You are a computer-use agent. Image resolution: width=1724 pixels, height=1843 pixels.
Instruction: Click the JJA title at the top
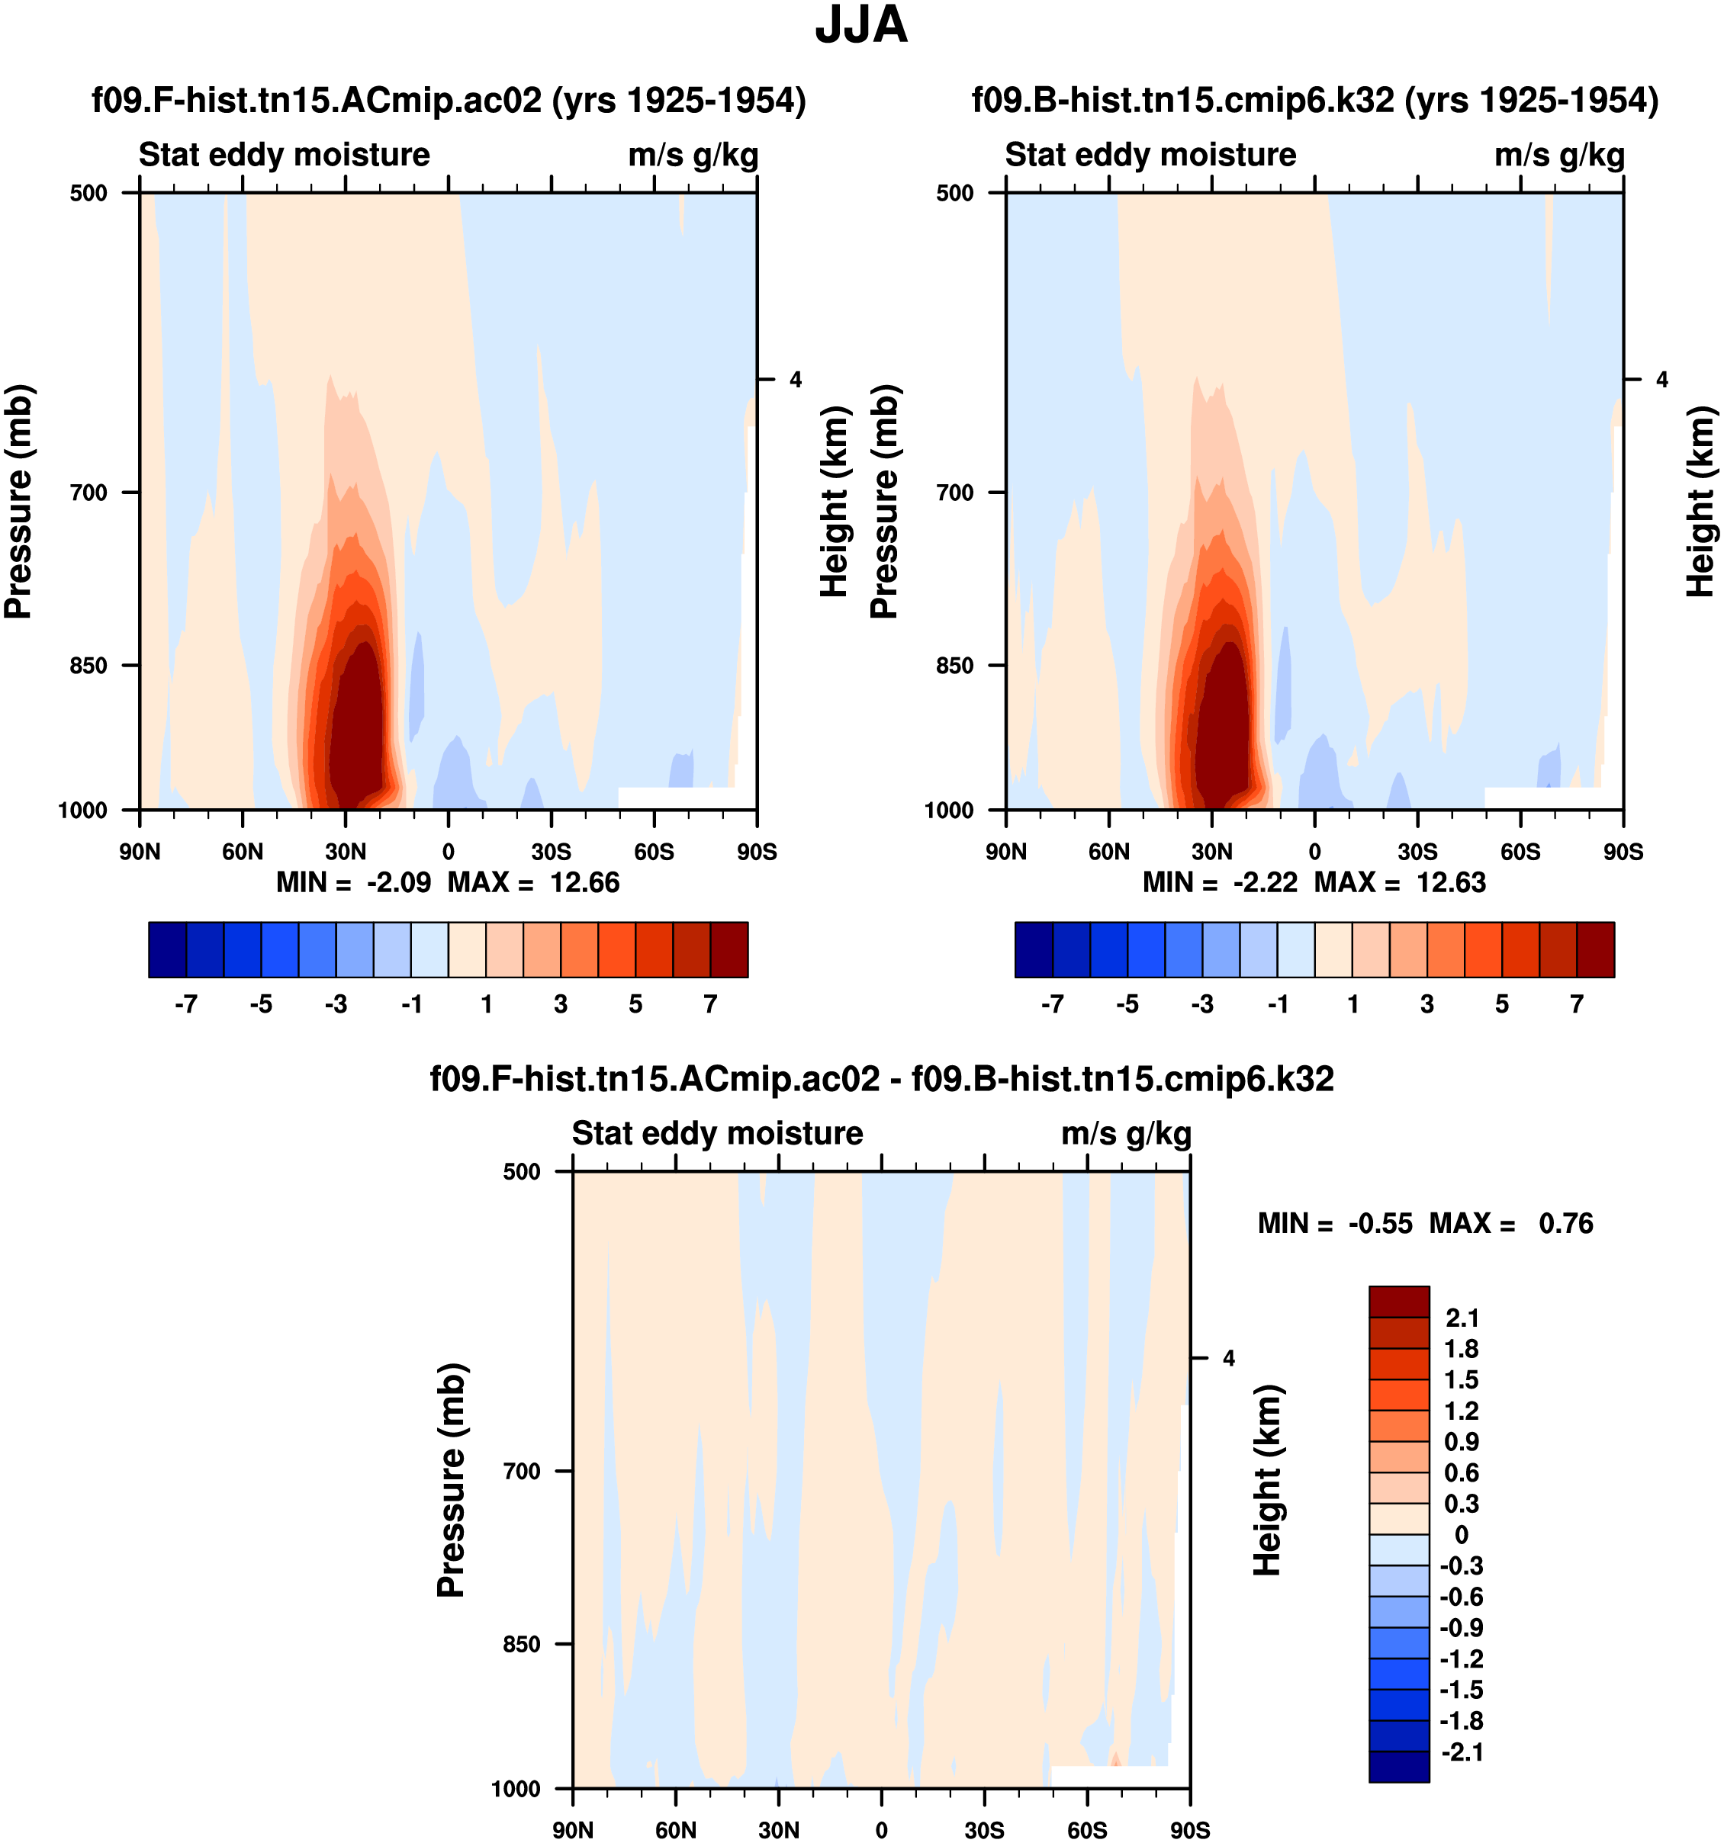click(x=860, y=26)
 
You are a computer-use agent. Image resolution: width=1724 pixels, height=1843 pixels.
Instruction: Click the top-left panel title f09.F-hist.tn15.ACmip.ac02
click(x=449, y=100)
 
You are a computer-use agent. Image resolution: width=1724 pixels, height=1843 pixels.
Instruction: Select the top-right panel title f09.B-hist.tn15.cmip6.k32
click(x=1314, y=100)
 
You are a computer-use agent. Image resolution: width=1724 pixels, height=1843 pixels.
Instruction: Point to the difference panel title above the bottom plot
click(x=881, y=1078)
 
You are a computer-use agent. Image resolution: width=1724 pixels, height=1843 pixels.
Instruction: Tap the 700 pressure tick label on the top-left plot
click(x=89, y=493)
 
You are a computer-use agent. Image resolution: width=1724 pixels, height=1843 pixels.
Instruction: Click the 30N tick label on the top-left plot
click(x=345, y=852)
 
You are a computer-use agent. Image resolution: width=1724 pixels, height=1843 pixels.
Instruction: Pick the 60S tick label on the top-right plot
click(x=1520, y=852)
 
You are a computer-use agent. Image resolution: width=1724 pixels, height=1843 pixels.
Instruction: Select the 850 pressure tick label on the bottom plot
click(x=522, y=1644)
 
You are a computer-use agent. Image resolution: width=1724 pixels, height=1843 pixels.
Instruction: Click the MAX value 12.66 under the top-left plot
click(x=584, y=882)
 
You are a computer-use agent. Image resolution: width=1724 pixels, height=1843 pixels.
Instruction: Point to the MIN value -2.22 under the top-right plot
click(x=1265, y=882)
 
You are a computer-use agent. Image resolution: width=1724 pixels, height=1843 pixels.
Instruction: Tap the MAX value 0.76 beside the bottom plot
click(x=1565, y=1224)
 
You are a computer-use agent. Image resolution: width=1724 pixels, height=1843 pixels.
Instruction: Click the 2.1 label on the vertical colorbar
click(x=1462, y=1318)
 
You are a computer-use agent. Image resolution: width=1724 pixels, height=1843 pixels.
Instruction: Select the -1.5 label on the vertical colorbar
click(x=1461, y=1689)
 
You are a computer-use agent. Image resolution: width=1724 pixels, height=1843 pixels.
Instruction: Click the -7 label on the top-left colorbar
click(x=185, y=1004)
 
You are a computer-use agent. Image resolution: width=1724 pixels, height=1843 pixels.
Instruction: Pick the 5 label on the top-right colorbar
click(x=1501, y=1004)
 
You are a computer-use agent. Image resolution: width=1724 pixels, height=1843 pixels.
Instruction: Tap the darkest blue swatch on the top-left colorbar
click(x=167, y=949)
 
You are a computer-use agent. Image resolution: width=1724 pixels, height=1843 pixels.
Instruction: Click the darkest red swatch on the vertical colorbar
click(x=1398, y=1302)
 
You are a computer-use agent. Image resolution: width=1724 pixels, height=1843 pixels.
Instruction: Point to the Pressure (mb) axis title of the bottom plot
click(x=451, y=1481)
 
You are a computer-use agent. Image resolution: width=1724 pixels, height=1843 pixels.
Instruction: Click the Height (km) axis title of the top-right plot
click(x=1699, y=502)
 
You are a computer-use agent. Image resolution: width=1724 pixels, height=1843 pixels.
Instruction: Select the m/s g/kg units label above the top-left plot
click(x=693, y=155)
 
